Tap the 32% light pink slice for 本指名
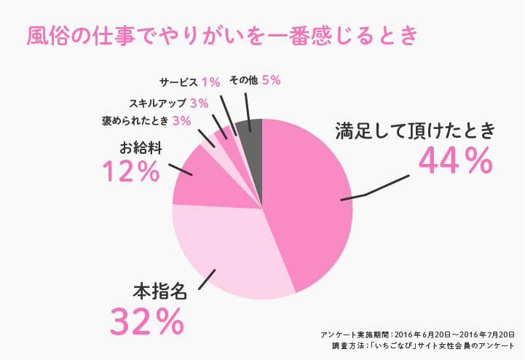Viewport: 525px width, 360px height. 233,251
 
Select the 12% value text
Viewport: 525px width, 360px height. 131,172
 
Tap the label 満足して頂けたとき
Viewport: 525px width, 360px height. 415,131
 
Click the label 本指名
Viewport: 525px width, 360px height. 159,291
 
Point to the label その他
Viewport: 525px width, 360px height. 243,80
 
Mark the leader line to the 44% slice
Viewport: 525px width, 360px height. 375,191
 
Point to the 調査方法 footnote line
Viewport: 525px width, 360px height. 423,345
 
